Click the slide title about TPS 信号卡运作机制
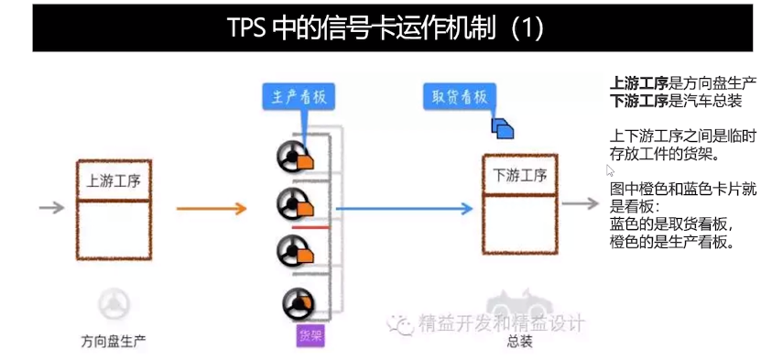pos(385,27)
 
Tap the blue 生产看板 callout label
pos(299,97)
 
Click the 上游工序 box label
pos(112,180)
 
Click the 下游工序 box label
pos(519,175)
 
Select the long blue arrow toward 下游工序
pos(403,209)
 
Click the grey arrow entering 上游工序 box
pos(51,208)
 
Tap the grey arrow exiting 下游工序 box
pos(581,203)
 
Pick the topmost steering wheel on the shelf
pos(291,158)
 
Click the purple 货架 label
pos(310,335)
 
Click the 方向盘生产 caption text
pos(114,342)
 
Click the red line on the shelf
pos(310,225)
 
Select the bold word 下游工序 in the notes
pos(638,100)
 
